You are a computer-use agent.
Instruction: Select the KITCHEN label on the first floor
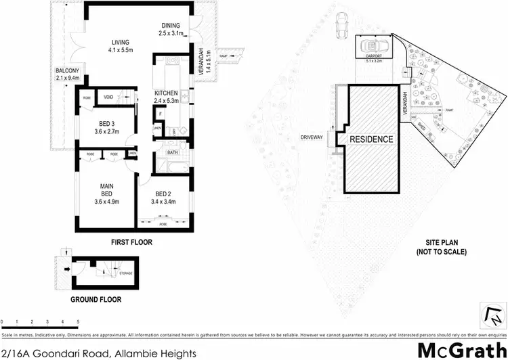166,93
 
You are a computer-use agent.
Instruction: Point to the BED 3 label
106,122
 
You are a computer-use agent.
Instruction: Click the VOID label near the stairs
108,97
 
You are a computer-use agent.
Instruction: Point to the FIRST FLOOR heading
131,242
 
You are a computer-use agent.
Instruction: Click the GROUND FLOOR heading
99,298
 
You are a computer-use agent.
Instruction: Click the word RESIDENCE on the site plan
371,139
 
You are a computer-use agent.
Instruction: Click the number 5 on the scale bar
79,321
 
